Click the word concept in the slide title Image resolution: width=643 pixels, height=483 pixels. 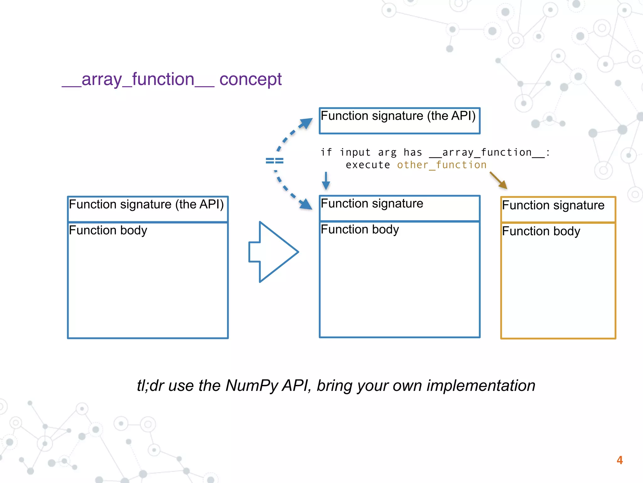click(250, 79)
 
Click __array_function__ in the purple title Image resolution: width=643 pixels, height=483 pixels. click(138, 79)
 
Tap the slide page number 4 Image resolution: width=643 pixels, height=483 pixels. click(619, 460)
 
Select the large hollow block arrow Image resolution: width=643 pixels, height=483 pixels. click(273, 252)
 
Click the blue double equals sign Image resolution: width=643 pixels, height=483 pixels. click(274, 161)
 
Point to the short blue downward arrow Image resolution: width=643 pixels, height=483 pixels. click(326, 181)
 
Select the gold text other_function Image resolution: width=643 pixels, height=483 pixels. click(441, 165)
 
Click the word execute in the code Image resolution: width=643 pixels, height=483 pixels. click(368, 165)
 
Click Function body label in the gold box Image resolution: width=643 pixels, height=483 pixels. click(541, 231)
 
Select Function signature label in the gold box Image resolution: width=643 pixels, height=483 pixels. click(553, 205)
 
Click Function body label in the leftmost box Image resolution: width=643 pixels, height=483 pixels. click(108, 230)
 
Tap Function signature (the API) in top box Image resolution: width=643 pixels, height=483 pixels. click(398, 116)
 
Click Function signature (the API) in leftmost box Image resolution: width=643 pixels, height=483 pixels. click(146, 204)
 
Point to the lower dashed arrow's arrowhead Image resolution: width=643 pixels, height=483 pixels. click(306, 204)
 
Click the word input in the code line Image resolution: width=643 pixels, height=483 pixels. click(355, 152)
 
